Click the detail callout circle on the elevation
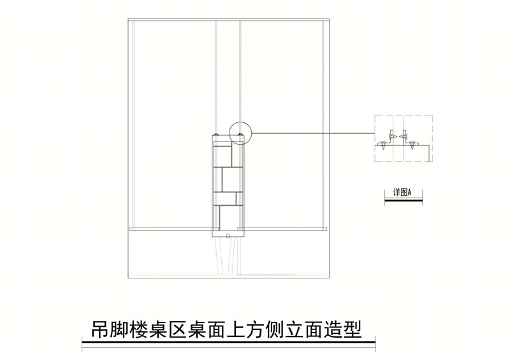coord(229,133)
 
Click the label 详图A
coord(402,192)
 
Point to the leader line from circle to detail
coord(313,133)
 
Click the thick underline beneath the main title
coord(228,343)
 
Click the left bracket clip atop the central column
coord(215,134)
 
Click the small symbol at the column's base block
coord(228,235)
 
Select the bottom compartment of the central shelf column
coord(231,216)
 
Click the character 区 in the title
coord(178,330)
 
